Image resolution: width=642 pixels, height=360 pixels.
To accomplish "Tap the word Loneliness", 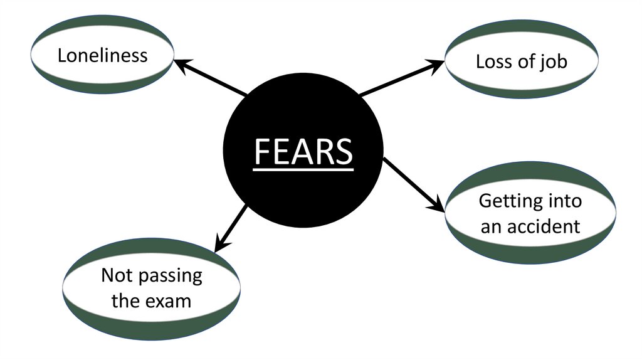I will [102, 55].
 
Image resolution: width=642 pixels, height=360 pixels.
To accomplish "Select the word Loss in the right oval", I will [492, 61].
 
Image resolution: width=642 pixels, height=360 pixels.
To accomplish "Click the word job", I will [553, 62].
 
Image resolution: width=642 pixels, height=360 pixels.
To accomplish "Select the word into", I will [564, 201].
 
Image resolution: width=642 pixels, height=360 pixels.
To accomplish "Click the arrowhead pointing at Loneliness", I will [179, 62].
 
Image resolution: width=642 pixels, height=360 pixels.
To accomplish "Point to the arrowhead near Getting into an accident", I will [436, 205].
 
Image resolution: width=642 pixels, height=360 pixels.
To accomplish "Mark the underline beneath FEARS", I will [303, 167].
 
